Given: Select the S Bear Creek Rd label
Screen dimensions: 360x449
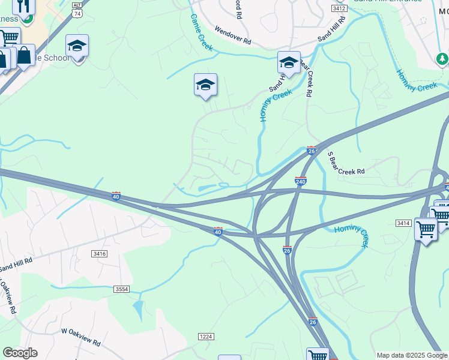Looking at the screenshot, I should [x=346, y=164].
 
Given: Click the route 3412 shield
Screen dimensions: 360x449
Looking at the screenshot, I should [x=339, y=8].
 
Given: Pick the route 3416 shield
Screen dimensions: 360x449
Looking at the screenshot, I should [x=100, y=254].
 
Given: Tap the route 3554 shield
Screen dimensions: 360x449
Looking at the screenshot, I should [x=122, y=289].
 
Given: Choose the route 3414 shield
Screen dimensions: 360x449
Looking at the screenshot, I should [x=402, y=223].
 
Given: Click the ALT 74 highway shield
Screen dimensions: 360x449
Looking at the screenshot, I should [x=77, y=8].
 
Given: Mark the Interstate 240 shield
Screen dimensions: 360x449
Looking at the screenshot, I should [x=301, y=181].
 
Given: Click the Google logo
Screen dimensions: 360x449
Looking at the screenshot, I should [x=20, y=353].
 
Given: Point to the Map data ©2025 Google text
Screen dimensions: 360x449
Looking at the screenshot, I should [x=412, y=355].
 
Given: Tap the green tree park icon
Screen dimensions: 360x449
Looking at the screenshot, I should [x=442, y=59].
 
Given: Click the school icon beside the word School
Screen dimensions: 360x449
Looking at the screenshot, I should [x=77, y=46].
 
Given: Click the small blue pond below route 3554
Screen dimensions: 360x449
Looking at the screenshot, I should [x=139, y=309].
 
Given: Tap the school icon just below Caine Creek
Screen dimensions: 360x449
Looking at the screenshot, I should [x=205, y=85].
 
